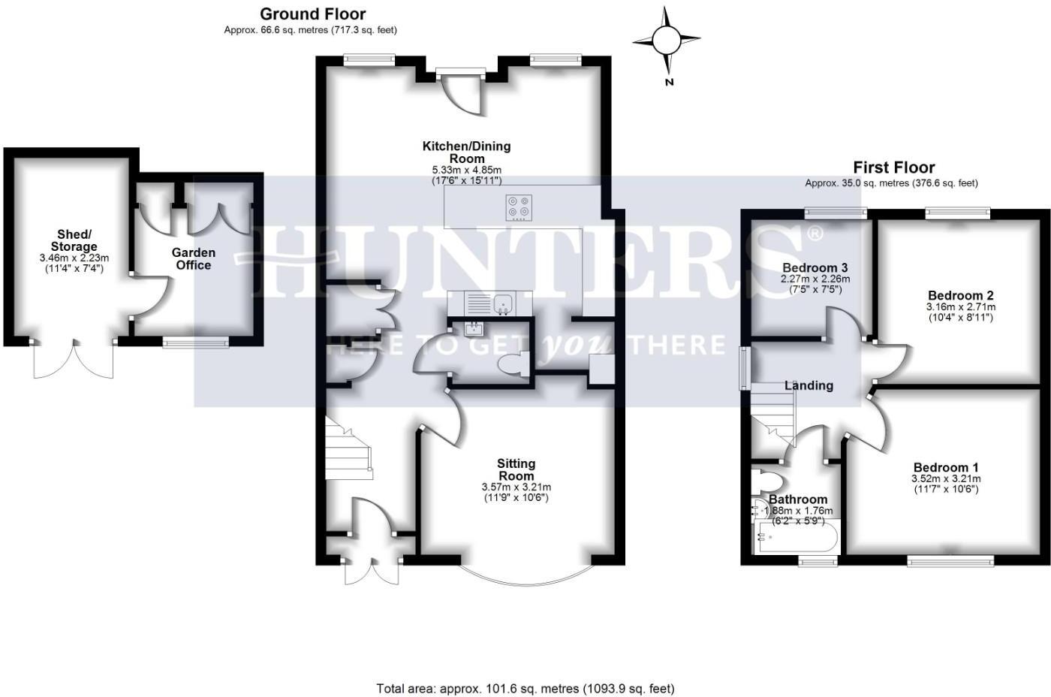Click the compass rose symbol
[x=666, y=39]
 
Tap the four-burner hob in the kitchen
[x=519, y=207]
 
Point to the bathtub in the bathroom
[x=797, y=538]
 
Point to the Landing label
[x=809, y=385]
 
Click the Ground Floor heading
[x=313, y=14]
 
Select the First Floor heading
[x=893, y=167]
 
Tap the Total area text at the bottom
[x=525, y=688]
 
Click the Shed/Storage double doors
[x=74, y=359]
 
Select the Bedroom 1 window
[x=950, y=560]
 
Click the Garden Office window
[x=196, y=342]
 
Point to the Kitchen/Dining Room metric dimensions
[x=466, y=170]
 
